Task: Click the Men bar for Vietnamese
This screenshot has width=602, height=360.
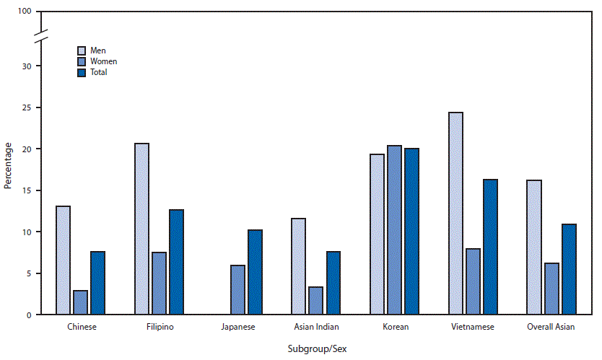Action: click(455, 214)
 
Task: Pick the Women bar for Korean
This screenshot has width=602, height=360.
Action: click(394, 230)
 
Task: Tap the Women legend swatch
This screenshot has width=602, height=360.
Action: click(82, 61)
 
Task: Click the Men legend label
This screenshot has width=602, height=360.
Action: click(97, 51)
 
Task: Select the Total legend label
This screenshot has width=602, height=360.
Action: click(98, 72)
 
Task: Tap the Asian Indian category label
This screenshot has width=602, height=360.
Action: click(315, 327)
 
